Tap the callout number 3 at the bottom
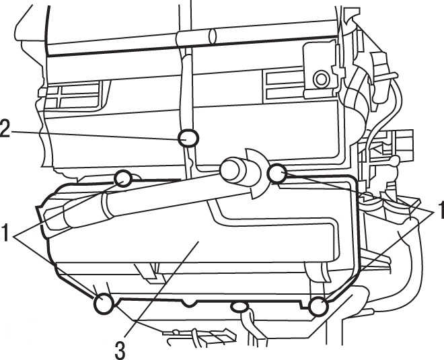120,350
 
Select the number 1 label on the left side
5,232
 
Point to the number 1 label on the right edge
441,210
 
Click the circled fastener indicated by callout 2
188,138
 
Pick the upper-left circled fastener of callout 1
123,178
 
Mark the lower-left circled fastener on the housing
104,304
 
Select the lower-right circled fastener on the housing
319,306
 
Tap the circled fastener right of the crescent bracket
277,174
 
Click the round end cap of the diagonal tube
230,170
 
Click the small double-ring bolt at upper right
321,79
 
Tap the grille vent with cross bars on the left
72,96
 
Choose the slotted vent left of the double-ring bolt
284,85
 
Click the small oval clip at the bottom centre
239,306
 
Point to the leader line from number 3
161,289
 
